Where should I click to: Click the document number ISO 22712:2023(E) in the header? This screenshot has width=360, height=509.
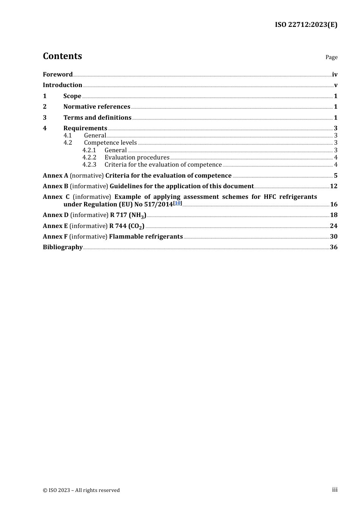[x=306, y=25]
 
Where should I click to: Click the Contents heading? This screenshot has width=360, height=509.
[x=62, y=56]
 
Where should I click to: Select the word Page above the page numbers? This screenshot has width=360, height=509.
[x=331, y=57]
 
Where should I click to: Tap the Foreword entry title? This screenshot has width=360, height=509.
[x=58, y=74]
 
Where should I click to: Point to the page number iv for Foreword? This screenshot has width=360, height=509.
[x=335, y=74]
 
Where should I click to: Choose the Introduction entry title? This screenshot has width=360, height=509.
[x=63, y=85]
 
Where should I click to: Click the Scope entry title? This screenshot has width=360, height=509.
[x=72, y=96]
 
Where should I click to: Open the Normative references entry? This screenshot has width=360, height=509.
[x=97, y=106]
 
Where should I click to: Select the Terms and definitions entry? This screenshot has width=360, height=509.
[x=97, y=117]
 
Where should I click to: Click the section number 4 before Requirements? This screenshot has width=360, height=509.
[x=45, y=128]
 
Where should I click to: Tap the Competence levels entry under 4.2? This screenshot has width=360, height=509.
[x=110, y=142]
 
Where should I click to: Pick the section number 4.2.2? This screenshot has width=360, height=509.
[x=89, y=157]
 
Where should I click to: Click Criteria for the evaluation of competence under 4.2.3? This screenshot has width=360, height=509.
[x=163, y=164]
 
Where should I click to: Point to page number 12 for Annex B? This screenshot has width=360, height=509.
[x=333, y=186]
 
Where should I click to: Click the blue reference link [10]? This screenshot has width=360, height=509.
[x=177, y=203]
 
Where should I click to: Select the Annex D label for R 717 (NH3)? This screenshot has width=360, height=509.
[x=56, y=215]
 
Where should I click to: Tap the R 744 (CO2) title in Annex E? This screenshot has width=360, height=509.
[x=127, y=226]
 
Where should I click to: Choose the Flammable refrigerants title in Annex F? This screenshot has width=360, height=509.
[x=146, y=236]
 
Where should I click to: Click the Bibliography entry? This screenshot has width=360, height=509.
[x=63, y=247]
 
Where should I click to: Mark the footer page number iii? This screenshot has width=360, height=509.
[x=335, y=490]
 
